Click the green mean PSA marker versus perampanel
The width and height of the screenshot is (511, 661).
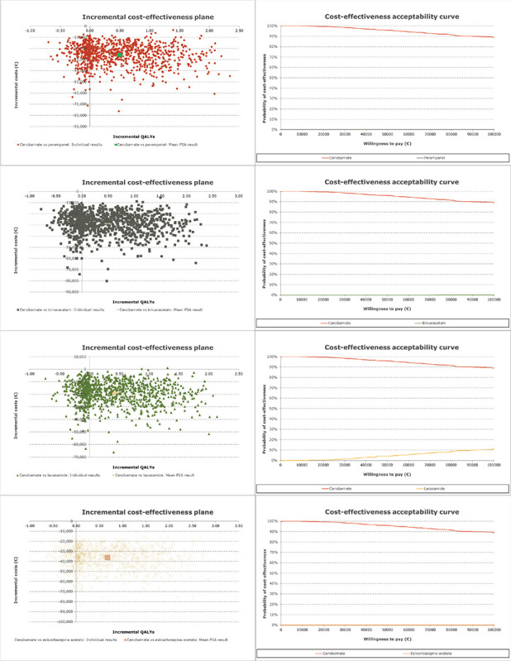click(x=120, y=54)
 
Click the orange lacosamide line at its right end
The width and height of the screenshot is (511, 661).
click(x=494, y=449)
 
